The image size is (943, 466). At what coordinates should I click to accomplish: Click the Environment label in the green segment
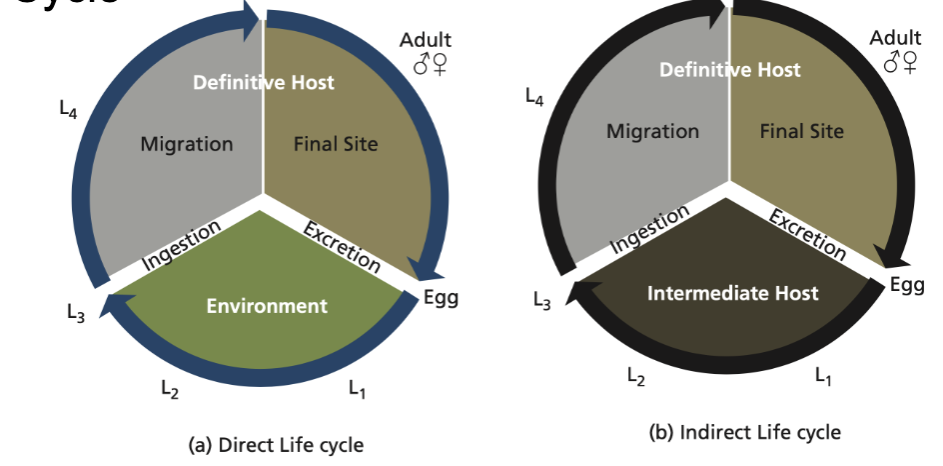pos(267,305)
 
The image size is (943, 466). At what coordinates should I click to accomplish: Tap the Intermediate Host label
pos(732,293)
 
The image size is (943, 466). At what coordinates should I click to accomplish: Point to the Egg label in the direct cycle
pos(441,297)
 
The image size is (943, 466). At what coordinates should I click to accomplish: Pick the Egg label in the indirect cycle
pos(907,284)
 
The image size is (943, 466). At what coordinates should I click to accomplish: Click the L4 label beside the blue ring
pos(68,109)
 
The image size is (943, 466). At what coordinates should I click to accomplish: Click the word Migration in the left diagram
pos(187,144)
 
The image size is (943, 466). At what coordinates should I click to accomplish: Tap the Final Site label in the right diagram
pos(801,131)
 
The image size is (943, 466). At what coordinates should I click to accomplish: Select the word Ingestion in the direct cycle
pos(180,245)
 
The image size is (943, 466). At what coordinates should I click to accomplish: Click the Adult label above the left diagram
pos(426,40)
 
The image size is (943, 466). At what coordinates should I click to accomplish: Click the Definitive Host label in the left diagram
pos(264,81)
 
